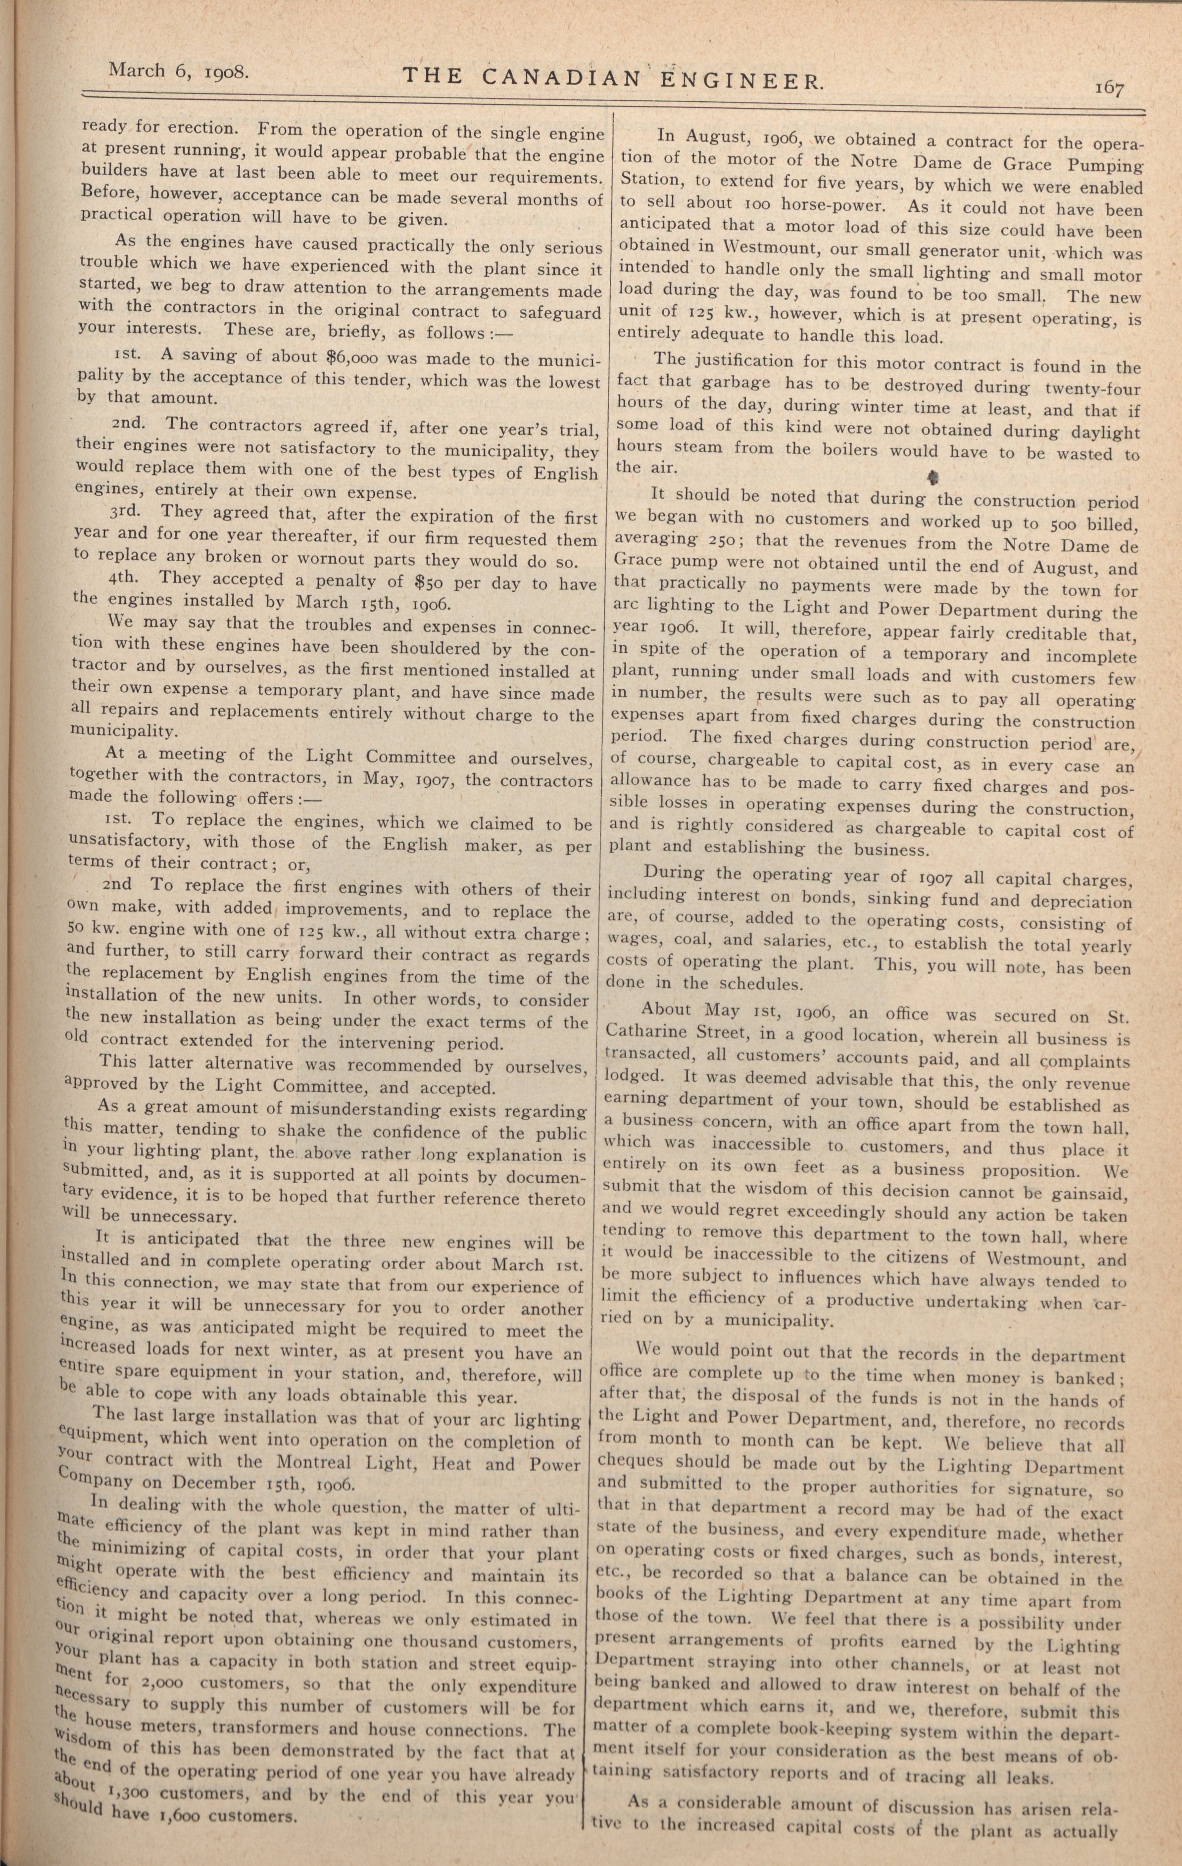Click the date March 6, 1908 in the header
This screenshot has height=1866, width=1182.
coord(178,71)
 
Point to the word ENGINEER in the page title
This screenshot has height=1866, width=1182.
coord(740,79)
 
